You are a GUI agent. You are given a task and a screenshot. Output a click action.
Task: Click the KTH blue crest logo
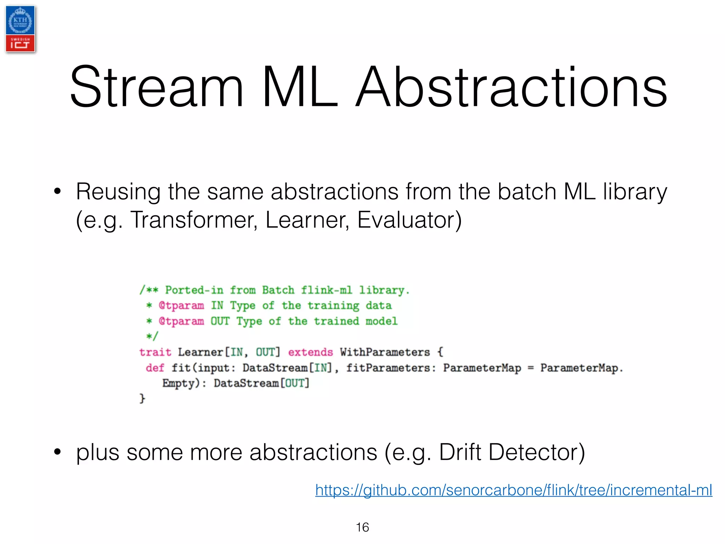20,21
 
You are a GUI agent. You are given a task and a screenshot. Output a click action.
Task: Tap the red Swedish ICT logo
20,44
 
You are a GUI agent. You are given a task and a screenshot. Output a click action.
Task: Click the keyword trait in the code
155,352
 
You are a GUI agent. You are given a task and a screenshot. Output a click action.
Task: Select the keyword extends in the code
310,352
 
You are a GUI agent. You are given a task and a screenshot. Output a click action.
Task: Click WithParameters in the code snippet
385,352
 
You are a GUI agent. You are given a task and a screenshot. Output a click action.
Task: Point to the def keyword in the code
155,368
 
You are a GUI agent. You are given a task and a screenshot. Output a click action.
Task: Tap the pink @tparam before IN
181,305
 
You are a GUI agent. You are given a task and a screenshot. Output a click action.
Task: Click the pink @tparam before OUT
181,321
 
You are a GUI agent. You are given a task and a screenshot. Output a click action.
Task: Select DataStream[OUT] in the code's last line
262,383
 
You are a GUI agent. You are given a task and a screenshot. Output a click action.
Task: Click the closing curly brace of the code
142,398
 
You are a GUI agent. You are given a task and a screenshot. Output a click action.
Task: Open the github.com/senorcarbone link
514,490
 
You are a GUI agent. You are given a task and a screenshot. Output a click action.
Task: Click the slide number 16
362,527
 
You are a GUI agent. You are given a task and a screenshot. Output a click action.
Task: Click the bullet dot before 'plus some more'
57,452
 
